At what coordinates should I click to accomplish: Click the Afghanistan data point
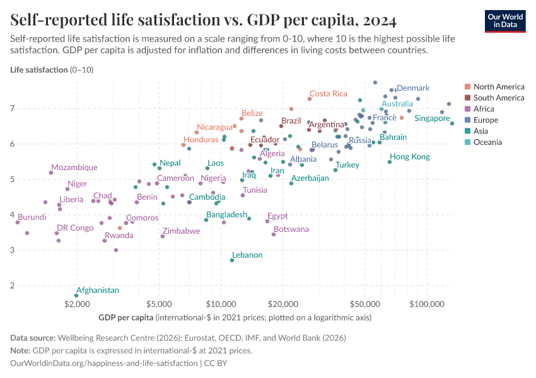pyautogui.click(x=77, y=295)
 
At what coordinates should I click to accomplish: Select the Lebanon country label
pyautogui.click(x=247, y=255)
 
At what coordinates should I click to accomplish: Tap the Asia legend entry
pyautogui.click(x=482, y=131)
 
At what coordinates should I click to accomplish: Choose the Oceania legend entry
pyautogui.click(x=487, y=142)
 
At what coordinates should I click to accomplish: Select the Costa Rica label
pyautogui.click(x=328, y=94)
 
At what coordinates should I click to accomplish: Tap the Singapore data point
pyautogui.click(x=452, y=123)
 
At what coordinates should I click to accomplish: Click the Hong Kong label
pyautogui.click(x=409, y=157)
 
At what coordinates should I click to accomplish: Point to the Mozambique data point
pyautogui.click(x=51, y=173)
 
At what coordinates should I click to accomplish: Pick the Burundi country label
pyautogui.click(x=32, y=217)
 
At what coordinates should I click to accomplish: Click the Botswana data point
pyautogui.click(x=274, y=234)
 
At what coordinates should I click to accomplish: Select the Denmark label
pyautogui.click(x=413, y=88)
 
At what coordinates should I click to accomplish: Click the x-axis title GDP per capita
pyautogui.click(x=126, y=318)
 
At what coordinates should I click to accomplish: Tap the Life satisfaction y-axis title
pyautogui.click(x=38, y=69)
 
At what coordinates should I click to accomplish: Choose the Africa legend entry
pyautogui.click(x=484, y=109)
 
